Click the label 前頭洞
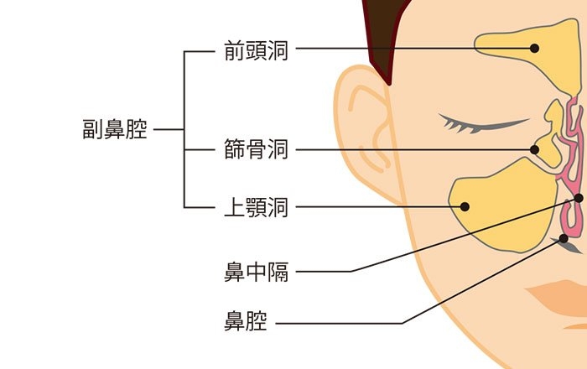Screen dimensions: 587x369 click(x=256, y=51)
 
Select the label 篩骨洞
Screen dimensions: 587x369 click(x=256, y=149)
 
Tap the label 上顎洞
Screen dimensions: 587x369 click(x=256, y=207)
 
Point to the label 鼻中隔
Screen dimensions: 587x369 click(x=256, y=272)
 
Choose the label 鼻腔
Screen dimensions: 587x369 click(x=245, y=320)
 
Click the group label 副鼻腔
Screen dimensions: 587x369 click(x=115, y=129)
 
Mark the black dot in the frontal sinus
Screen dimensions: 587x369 click(x=535, y=49)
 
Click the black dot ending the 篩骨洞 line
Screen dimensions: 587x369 click(x=535, y=149)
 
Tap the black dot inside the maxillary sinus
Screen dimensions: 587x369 click(x=465, y=206)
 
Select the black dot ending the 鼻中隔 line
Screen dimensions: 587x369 click(x=579, y=198)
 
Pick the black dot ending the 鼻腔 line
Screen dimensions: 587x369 click(x=564, y=238)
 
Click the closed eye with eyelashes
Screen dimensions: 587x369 click(x=483, y=124)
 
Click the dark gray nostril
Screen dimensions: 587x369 click(x=566, y=244)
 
